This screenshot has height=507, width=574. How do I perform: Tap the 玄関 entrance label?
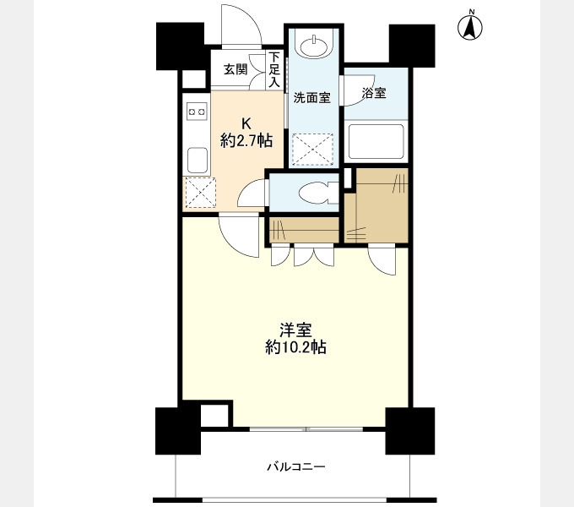click(x=236, y=69)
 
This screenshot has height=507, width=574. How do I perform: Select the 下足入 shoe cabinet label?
click(x=274, y=69)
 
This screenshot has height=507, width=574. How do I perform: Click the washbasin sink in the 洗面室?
click(x=313, y=46)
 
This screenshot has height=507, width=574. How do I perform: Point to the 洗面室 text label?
click(x=312, y=98)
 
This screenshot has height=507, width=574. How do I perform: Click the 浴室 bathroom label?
click(x=374, y=93)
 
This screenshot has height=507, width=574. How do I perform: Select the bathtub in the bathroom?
click(x=376, y=141)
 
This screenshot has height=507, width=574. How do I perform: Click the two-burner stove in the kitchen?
click(x=197, y=111)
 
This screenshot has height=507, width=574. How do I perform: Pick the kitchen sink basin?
click(x=198, y=160)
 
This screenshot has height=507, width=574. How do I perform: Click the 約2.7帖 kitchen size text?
click(x=246, y=140)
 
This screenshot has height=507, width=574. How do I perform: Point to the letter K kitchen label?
click(x=246, y=124)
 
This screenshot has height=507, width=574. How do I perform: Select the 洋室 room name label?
click(x=295, y=330)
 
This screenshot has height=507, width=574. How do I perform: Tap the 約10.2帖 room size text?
click(x=295, y=347)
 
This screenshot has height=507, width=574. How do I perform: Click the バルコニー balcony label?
click(x=295, y=466)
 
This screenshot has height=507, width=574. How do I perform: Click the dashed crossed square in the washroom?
click(x=313, y=150)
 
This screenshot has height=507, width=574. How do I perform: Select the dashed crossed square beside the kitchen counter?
click(x=200, y=193)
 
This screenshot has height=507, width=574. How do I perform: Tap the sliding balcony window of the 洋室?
click(x=306, y=429)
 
